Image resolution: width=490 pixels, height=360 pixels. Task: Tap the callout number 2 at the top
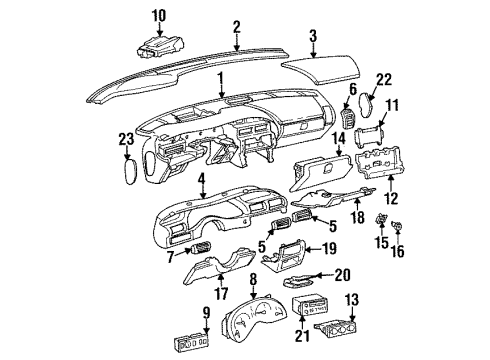236,26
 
